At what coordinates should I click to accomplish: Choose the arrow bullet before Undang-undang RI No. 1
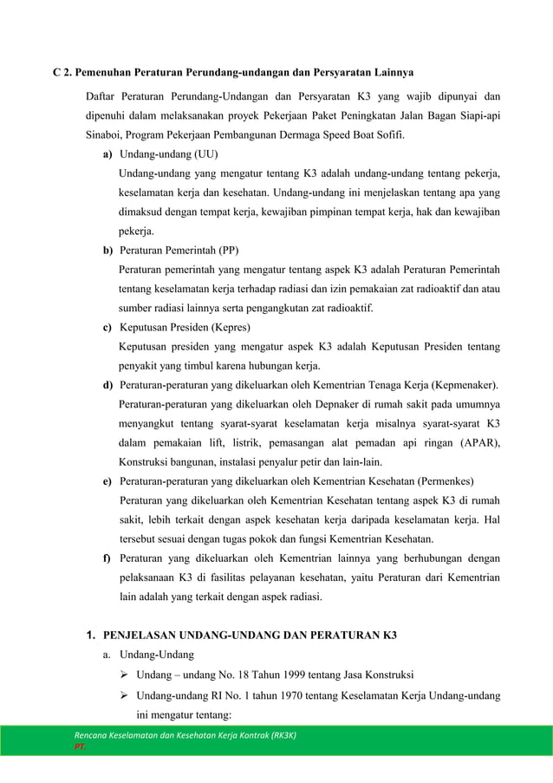point(125,696)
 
